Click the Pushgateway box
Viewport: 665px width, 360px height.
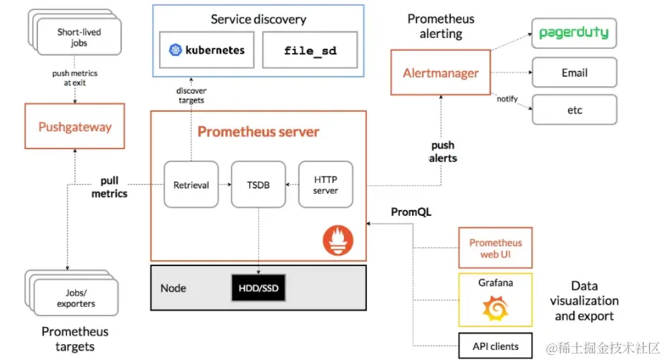click(75, 126)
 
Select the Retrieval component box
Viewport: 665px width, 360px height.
click(191, 184)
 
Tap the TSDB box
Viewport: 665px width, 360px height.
click(258, 184)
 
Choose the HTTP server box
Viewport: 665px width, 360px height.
click(326, 184)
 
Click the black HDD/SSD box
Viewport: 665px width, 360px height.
click(258, 288)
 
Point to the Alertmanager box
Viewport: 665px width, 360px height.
click(441, 72)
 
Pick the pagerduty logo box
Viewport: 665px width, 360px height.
click(574, 33)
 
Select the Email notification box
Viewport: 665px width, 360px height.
click(575, 72)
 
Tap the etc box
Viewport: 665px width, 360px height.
click(575, 110)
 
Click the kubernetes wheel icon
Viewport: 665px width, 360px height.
click(175, 50)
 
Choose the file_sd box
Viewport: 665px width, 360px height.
click(310, 50)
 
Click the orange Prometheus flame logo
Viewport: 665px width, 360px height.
click(338, 240)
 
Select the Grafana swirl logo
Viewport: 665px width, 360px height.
click(495, 308)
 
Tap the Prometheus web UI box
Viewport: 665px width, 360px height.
click(495, 248)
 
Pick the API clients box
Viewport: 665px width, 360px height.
click(495, 346)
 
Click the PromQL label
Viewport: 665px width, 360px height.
click(411, 212)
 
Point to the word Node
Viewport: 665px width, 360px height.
click(173, 288)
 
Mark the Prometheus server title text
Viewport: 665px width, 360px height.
click(258, 132)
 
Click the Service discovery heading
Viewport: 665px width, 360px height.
click(258, 19)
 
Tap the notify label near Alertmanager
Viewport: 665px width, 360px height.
click(507, 99)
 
